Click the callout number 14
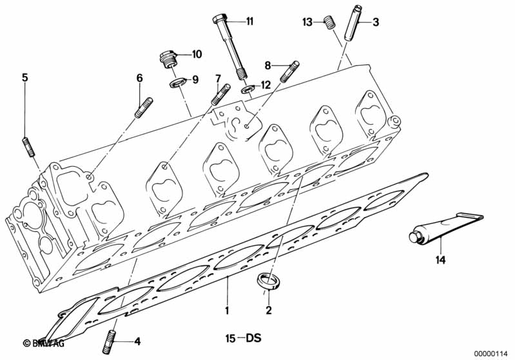[x=441, y=261]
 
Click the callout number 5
[x=25, y=77]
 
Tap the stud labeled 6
[x=142, y=107]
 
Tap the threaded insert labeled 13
[x=329, y=24]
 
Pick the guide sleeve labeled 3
[x=352, y=23]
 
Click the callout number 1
[x=227, y=310]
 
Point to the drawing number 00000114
[x=492, y=352]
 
